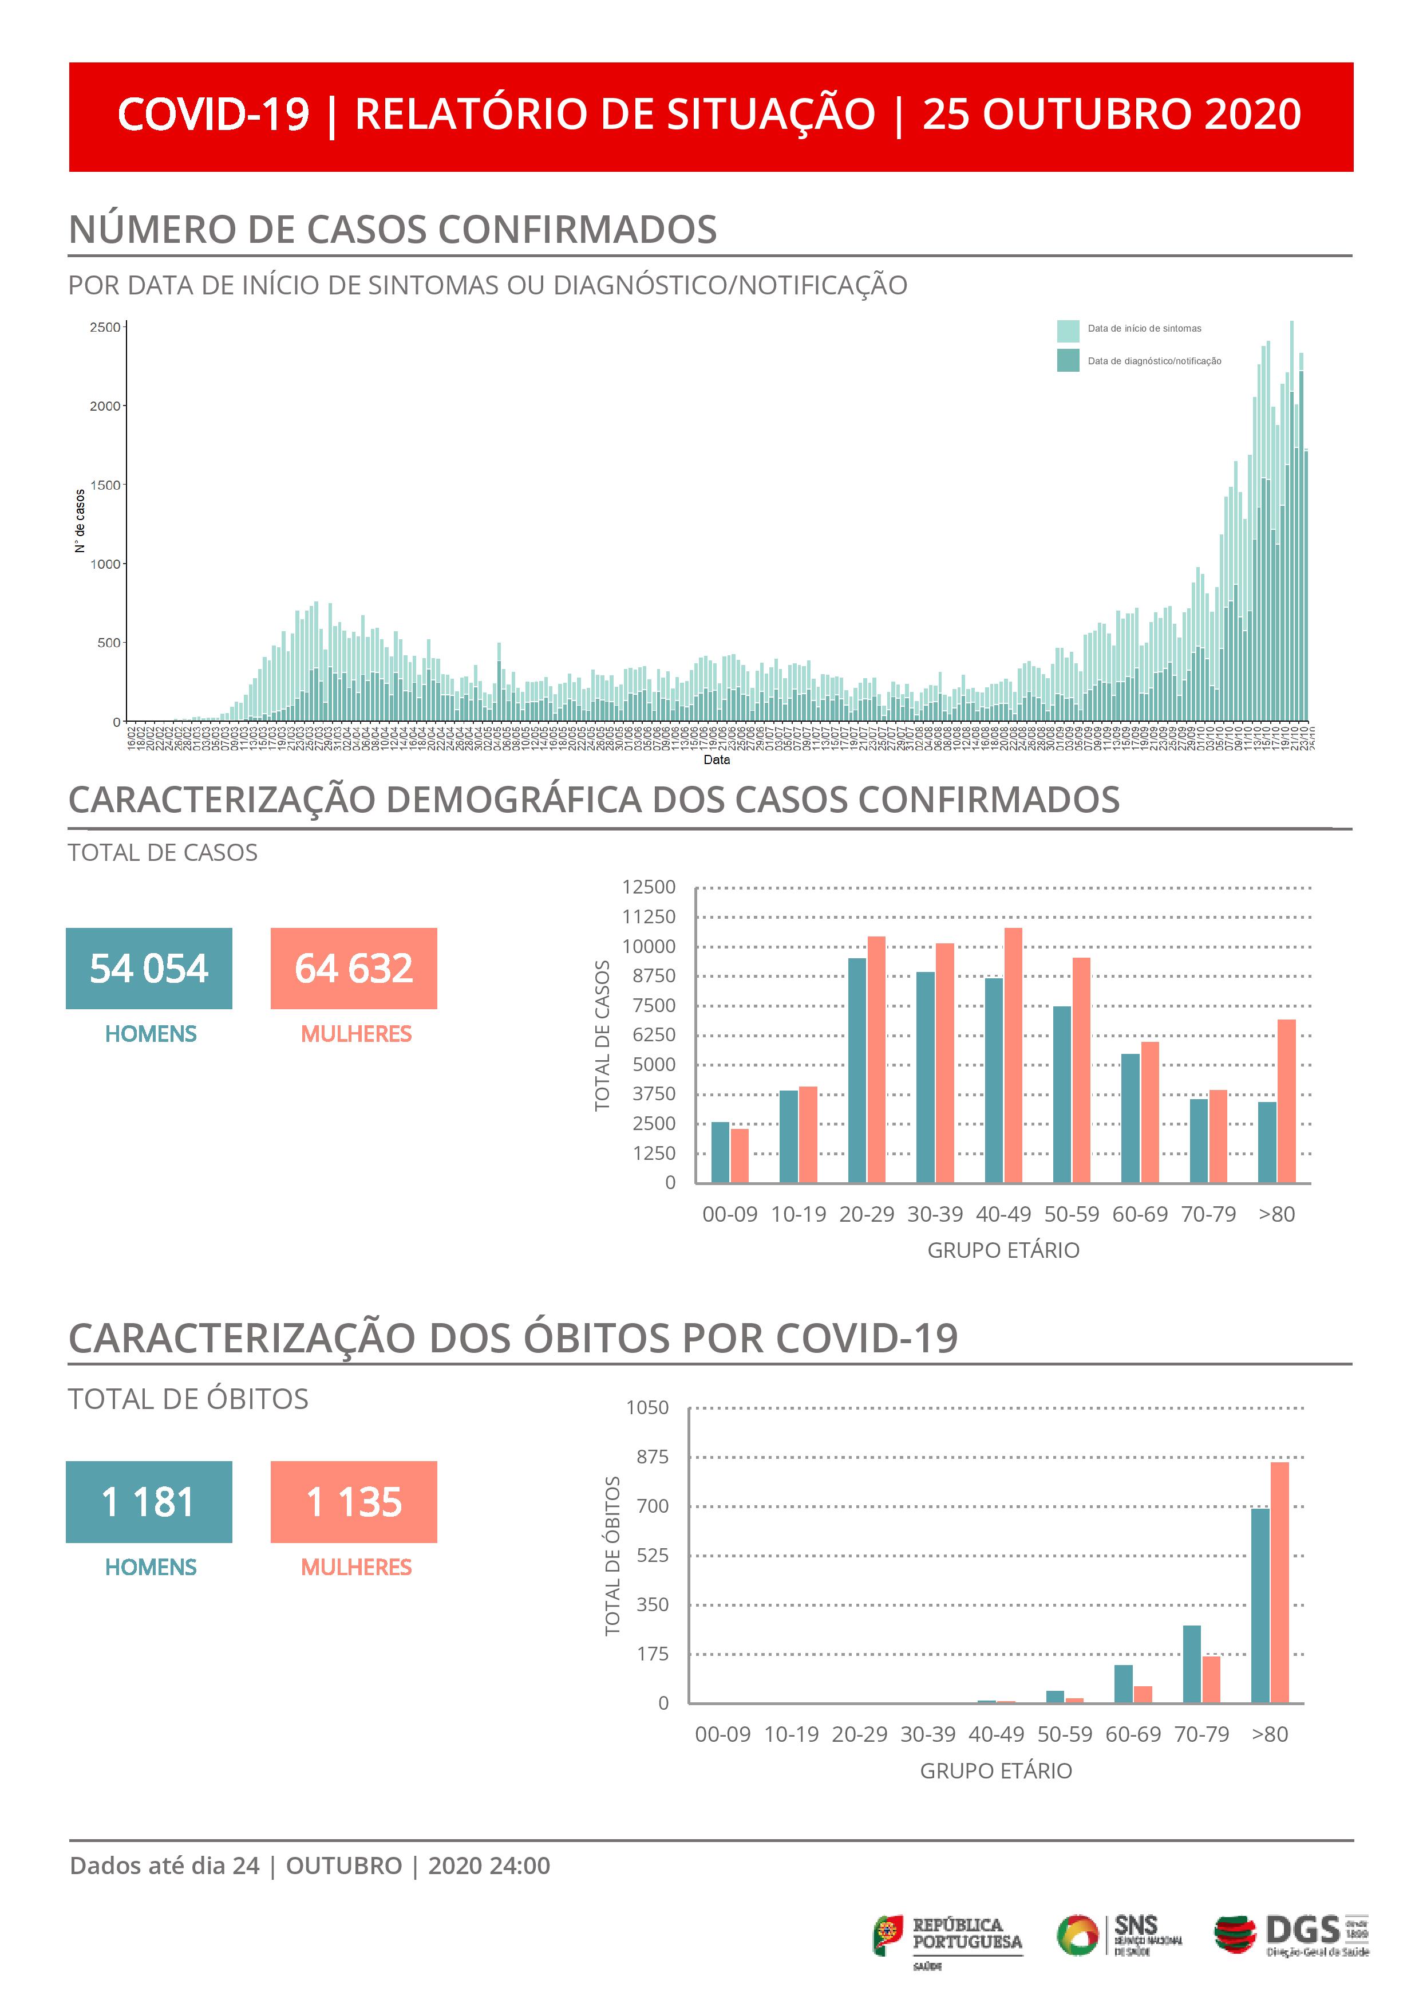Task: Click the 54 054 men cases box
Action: tap(149, 969)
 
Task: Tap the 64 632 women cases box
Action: tap(354, 969)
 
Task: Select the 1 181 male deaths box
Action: tap(149, 1502)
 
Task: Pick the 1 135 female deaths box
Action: tap(354, 1502)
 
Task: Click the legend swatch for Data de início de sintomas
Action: tap(1068, 330)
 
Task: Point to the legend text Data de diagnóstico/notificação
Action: tap(1154, 361)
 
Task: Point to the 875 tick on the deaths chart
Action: tap(652, 1457)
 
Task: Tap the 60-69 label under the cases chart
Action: tap(1140, 1214)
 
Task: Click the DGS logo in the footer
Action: tap(1291, 1936)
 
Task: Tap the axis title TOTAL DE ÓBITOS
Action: tap(612, 1556)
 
